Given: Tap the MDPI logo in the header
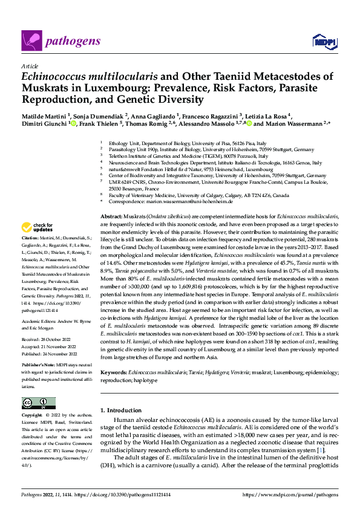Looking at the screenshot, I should [321, 41].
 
